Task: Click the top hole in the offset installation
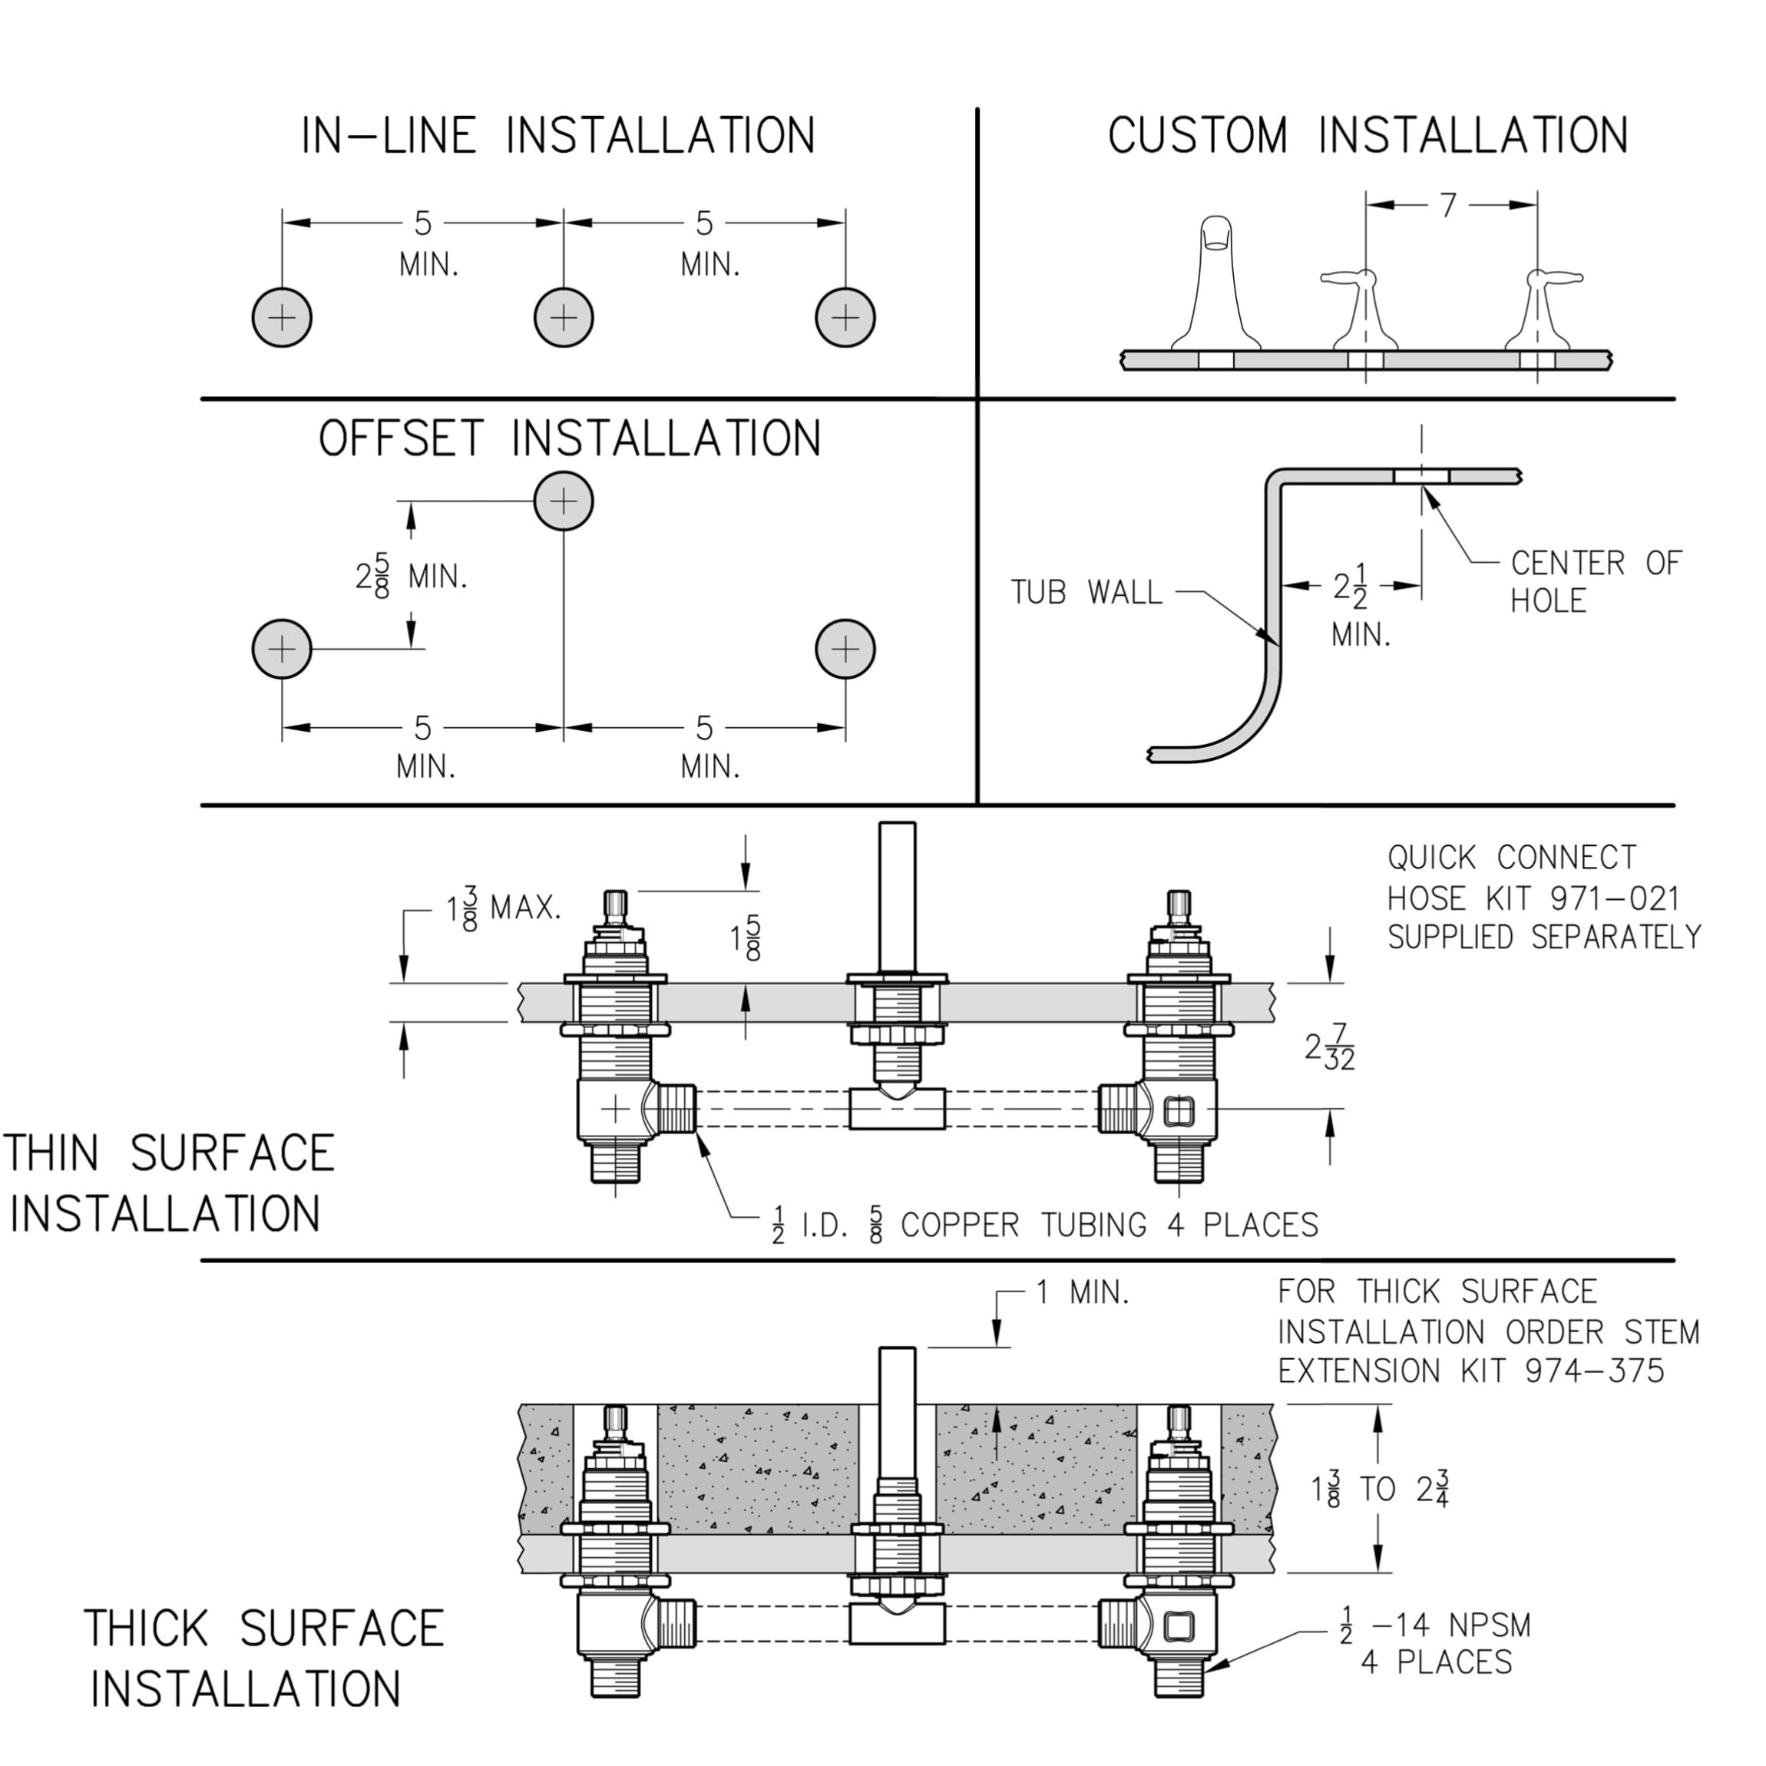[564, 501]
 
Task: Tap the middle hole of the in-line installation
[564, 318]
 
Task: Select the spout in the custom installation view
[1215, 283]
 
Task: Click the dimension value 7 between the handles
[1448, 206]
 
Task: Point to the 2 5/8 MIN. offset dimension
[411, 577]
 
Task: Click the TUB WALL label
[1086, 592]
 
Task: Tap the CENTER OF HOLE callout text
[1595, 581]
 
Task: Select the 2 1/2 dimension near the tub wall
[1350, 586]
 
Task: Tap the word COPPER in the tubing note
[960, 1225]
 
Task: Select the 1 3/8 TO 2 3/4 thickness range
[1381, 1489]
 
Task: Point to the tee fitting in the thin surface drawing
[897, 1108]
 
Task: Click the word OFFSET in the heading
[399, 438]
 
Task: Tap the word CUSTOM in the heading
[1198, 135]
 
